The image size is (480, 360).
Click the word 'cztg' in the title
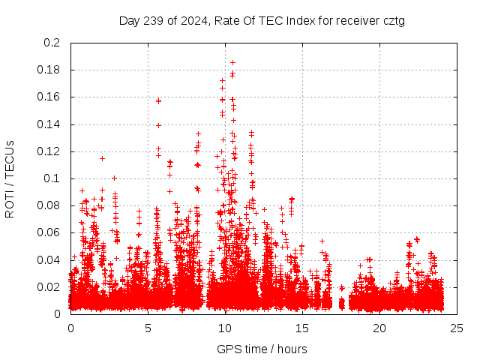tap(393, 21)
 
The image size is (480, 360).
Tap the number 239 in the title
tap(156, 21)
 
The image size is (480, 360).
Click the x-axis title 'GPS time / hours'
tap(262, 349)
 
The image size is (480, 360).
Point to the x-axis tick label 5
tap(148, 328)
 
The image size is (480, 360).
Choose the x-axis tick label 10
tap(225, 328)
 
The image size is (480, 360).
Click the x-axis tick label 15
tap(302, 328)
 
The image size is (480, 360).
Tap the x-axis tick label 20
tap(379, 328)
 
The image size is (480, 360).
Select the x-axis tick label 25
tap(457, 328)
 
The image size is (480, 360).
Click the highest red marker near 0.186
tap(232, 62)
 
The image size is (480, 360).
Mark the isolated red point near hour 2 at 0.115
tap(102, 158)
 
